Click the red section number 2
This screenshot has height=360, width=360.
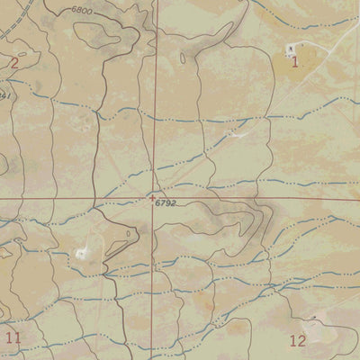tap(13, 62)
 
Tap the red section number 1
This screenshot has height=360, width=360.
tap(294, 61)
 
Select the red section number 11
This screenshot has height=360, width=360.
tap(12, 337)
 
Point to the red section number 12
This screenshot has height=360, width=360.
tap(298, 339)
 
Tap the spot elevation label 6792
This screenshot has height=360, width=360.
tap(165, 204)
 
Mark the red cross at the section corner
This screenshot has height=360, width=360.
tap(153, 197)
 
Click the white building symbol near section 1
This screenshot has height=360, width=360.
tap(290, 48)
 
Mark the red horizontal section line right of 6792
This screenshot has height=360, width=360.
tap(270, 197)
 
